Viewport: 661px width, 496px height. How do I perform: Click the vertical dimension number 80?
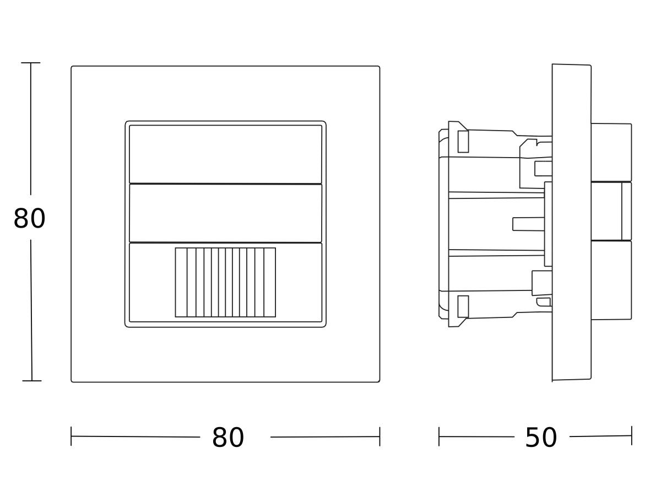coord(29,219)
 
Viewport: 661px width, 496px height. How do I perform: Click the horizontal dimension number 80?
coord(227,438)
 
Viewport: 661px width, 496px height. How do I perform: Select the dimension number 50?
coord(541,438)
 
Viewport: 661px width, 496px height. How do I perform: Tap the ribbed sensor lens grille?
coord(225,282)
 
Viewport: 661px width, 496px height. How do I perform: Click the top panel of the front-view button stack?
coord(225,154)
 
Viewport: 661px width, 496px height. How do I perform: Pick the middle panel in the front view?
coord(225,213)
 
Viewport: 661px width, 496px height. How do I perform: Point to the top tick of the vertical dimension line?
coord(30,63)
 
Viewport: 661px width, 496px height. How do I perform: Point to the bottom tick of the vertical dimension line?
coord(31,380)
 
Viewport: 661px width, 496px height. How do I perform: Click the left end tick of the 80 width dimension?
coord(71,436)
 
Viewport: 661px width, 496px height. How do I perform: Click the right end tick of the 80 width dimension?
coord(380,436)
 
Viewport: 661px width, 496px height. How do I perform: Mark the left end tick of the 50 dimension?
coord(439,436)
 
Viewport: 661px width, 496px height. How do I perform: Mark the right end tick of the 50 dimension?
coord(631,435)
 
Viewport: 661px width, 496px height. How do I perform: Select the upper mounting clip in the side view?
coord(463,141)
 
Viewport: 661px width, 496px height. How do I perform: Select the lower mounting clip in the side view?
coord(463,306)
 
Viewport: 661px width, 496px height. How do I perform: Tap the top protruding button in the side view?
coord(611,153)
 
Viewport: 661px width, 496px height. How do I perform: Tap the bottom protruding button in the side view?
coord(611,280)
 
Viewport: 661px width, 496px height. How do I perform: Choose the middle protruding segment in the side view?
coord(611,211)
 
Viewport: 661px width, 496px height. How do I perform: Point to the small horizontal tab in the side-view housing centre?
coord(528,224)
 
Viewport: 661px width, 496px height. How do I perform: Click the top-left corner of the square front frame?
coord(72,67)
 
